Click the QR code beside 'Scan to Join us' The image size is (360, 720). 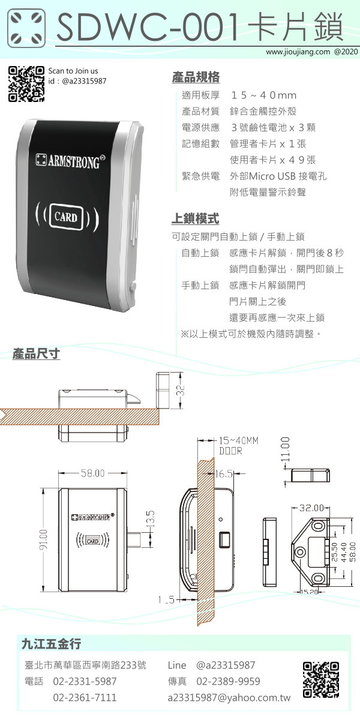click(26, 84)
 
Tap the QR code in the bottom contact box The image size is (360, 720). click(321, 679)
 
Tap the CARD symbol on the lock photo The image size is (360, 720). click(67, 217)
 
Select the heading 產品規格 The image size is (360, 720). click(196, 77)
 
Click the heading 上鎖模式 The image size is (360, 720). click(195, 218)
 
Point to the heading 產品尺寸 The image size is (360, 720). click(36, 353)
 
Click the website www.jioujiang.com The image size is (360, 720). click(298, 52)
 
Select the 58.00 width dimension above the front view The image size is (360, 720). click(92, 473)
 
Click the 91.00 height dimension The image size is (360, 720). click(43, 539)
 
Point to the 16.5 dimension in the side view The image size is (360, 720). click(224, 474)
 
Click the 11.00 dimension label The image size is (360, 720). click(286, 449)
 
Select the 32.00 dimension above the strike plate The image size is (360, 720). click(311, 508)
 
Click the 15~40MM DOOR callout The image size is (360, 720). click(239, 446)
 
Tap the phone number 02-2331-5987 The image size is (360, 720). click(85, 681)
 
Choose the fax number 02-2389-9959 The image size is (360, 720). click(228, 681)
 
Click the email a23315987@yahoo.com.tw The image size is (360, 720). click(229, 697)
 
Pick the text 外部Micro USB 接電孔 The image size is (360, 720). click(278, 176)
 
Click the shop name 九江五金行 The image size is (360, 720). click(51, 644)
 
